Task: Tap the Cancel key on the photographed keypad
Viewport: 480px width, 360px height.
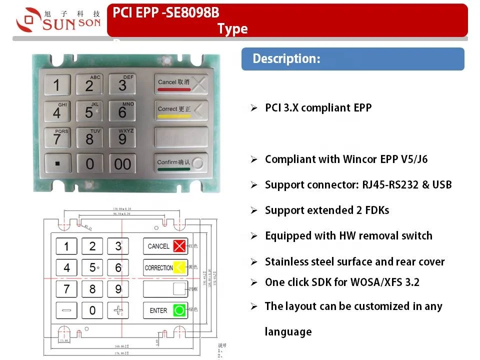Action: (180, 84)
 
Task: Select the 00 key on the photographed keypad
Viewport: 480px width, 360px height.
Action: (122, 163)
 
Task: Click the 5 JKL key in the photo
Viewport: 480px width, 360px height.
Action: (89, 111)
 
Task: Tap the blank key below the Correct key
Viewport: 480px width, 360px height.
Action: (180, 136)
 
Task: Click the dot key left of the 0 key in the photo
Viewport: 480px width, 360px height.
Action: (57, 163)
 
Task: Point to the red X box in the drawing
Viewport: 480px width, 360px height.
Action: (179, 245)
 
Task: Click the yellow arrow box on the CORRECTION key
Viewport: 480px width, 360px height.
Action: (179, 267)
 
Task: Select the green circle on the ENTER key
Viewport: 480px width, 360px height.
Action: (179, 310)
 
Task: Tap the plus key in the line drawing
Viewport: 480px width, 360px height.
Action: (118, 310)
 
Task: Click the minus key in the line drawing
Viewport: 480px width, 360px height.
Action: (66, 310)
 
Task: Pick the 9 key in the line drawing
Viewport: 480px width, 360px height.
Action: (118, 288)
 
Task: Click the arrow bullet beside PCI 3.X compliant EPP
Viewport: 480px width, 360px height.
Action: (254, 108)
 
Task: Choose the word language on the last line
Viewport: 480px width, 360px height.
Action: (288, 331)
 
